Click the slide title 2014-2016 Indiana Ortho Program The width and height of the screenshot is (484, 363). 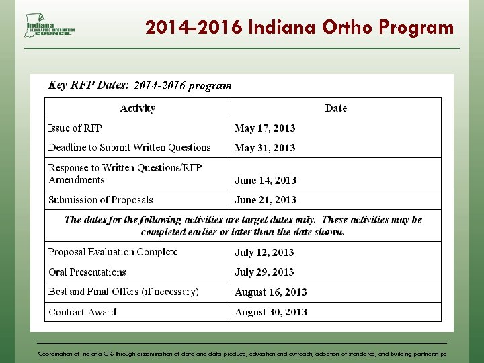coord(299,28)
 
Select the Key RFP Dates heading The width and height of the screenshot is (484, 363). coord(140,85)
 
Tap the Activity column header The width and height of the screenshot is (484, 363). coord(138,108)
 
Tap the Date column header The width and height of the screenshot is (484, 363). coord(336,108)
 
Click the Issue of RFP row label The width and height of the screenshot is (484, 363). coord(75,128)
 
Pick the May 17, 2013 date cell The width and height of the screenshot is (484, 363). coord(265,128)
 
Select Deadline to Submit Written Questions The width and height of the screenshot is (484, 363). coord(129,147)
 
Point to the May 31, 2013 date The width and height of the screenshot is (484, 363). coord(265,148)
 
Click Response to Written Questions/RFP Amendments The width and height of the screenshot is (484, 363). coord(125,173)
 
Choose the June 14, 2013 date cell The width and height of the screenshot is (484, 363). coord(266,180)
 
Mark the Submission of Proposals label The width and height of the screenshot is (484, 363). coord(101,200)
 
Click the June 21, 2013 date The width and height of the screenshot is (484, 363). coord(266,200)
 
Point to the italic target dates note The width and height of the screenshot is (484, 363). coord(243,225)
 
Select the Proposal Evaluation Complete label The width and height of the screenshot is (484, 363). coord(113,252)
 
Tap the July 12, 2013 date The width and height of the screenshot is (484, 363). coord(264,253)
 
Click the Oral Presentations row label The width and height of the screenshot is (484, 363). coord(87,272)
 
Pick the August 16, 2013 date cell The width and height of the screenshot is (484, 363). coord(271,292)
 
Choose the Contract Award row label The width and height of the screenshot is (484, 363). coord(82,312)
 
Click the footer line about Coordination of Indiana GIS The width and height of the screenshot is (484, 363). coord(242,353)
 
